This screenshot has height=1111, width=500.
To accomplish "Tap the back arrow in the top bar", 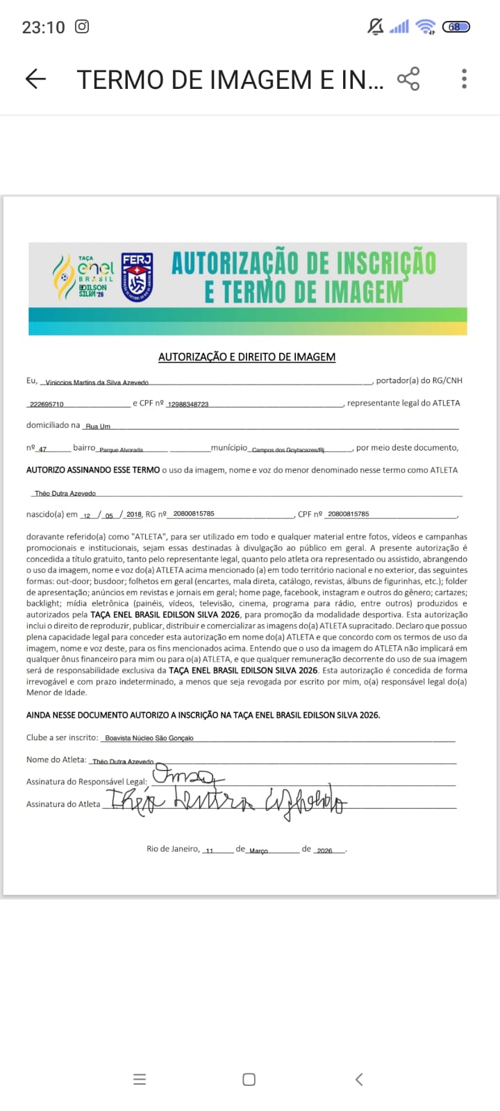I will [x=35, y=79].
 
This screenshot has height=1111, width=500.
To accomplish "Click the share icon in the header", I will [x=408, y=79].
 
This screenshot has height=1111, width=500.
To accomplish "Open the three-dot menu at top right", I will [x=464, y=79].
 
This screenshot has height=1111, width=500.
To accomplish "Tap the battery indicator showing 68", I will [x=456, y=27].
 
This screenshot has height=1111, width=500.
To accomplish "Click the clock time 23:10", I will [x=43, y=27].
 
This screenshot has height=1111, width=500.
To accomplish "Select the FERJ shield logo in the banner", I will [x=137, y=277].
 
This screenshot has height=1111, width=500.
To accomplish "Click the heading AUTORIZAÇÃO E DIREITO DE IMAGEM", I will [x=247, y=357].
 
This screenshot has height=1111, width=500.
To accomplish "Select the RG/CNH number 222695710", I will [x=47, y=404].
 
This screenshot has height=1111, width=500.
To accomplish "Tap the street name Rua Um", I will [x=98, y=426].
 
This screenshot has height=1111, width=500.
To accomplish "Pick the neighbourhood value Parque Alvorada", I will [x=121, y=450].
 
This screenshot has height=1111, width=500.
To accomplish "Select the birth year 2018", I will [x=133, y=515].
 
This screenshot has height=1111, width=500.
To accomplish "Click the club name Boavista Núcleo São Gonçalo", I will [x=149, y=738].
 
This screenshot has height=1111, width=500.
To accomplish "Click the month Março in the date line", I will [x=258, y=851].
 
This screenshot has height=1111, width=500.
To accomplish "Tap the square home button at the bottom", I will [x=249, y=1079].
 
